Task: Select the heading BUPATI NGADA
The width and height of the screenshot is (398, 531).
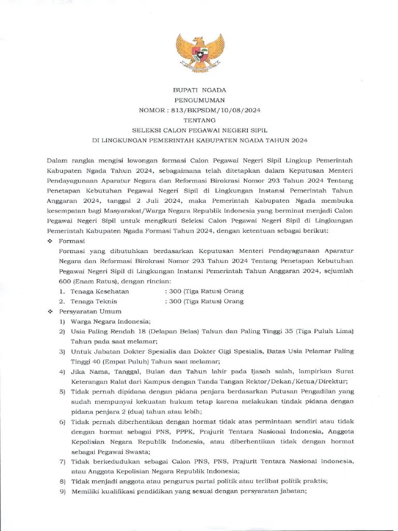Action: tap(200, 90)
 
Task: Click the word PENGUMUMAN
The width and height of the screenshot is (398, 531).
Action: tap(200, 100)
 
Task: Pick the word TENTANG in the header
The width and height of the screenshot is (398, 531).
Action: tap(200, 120)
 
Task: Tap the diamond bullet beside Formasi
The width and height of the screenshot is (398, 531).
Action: tap(50, 242)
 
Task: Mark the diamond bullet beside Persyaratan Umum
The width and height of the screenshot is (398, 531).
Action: tap(50, 311)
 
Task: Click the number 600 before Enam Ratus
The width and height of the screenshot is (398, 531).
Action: tap(66, 282)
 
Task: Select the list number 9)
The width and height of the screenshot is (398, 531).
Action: tap(62, 492)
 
